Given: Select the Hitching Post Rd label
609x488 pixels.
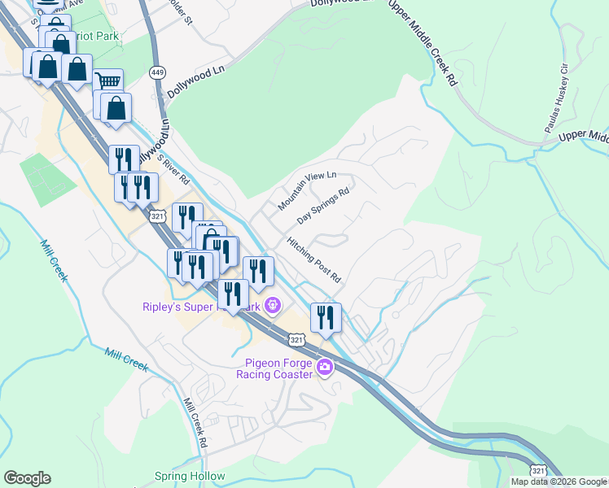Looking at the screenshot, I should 313,260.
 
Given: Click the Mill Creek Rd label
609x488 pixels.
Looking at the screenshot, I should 195,423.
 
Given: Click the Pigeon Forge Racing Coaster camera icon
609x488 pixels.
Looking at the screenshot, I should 325,368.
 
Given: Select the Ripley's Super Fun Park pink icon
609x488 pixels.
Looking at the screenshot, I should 273,307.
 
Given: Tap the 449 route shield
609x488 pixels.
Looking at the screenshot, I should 158,73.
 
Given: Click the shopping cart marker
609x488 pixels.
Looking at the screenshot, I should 108,83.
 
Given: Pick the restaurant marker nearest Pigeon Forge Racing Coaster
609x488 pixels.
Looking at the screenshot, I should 326,316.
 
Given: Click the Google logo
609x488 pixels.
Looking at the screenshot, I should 27,478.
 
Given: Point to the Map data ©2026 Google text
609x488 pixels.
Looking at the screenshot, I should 559,481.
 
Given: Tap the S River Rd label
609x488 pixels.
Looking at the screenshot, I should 173,169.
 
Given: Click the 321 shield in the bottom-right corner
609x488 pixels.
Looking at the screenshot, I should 538,470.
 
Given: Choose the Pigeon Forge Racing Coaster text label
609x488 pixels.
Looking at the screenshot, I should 274,368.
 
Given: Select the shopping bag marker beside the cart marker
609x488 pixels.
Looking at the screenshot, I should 117,108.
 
